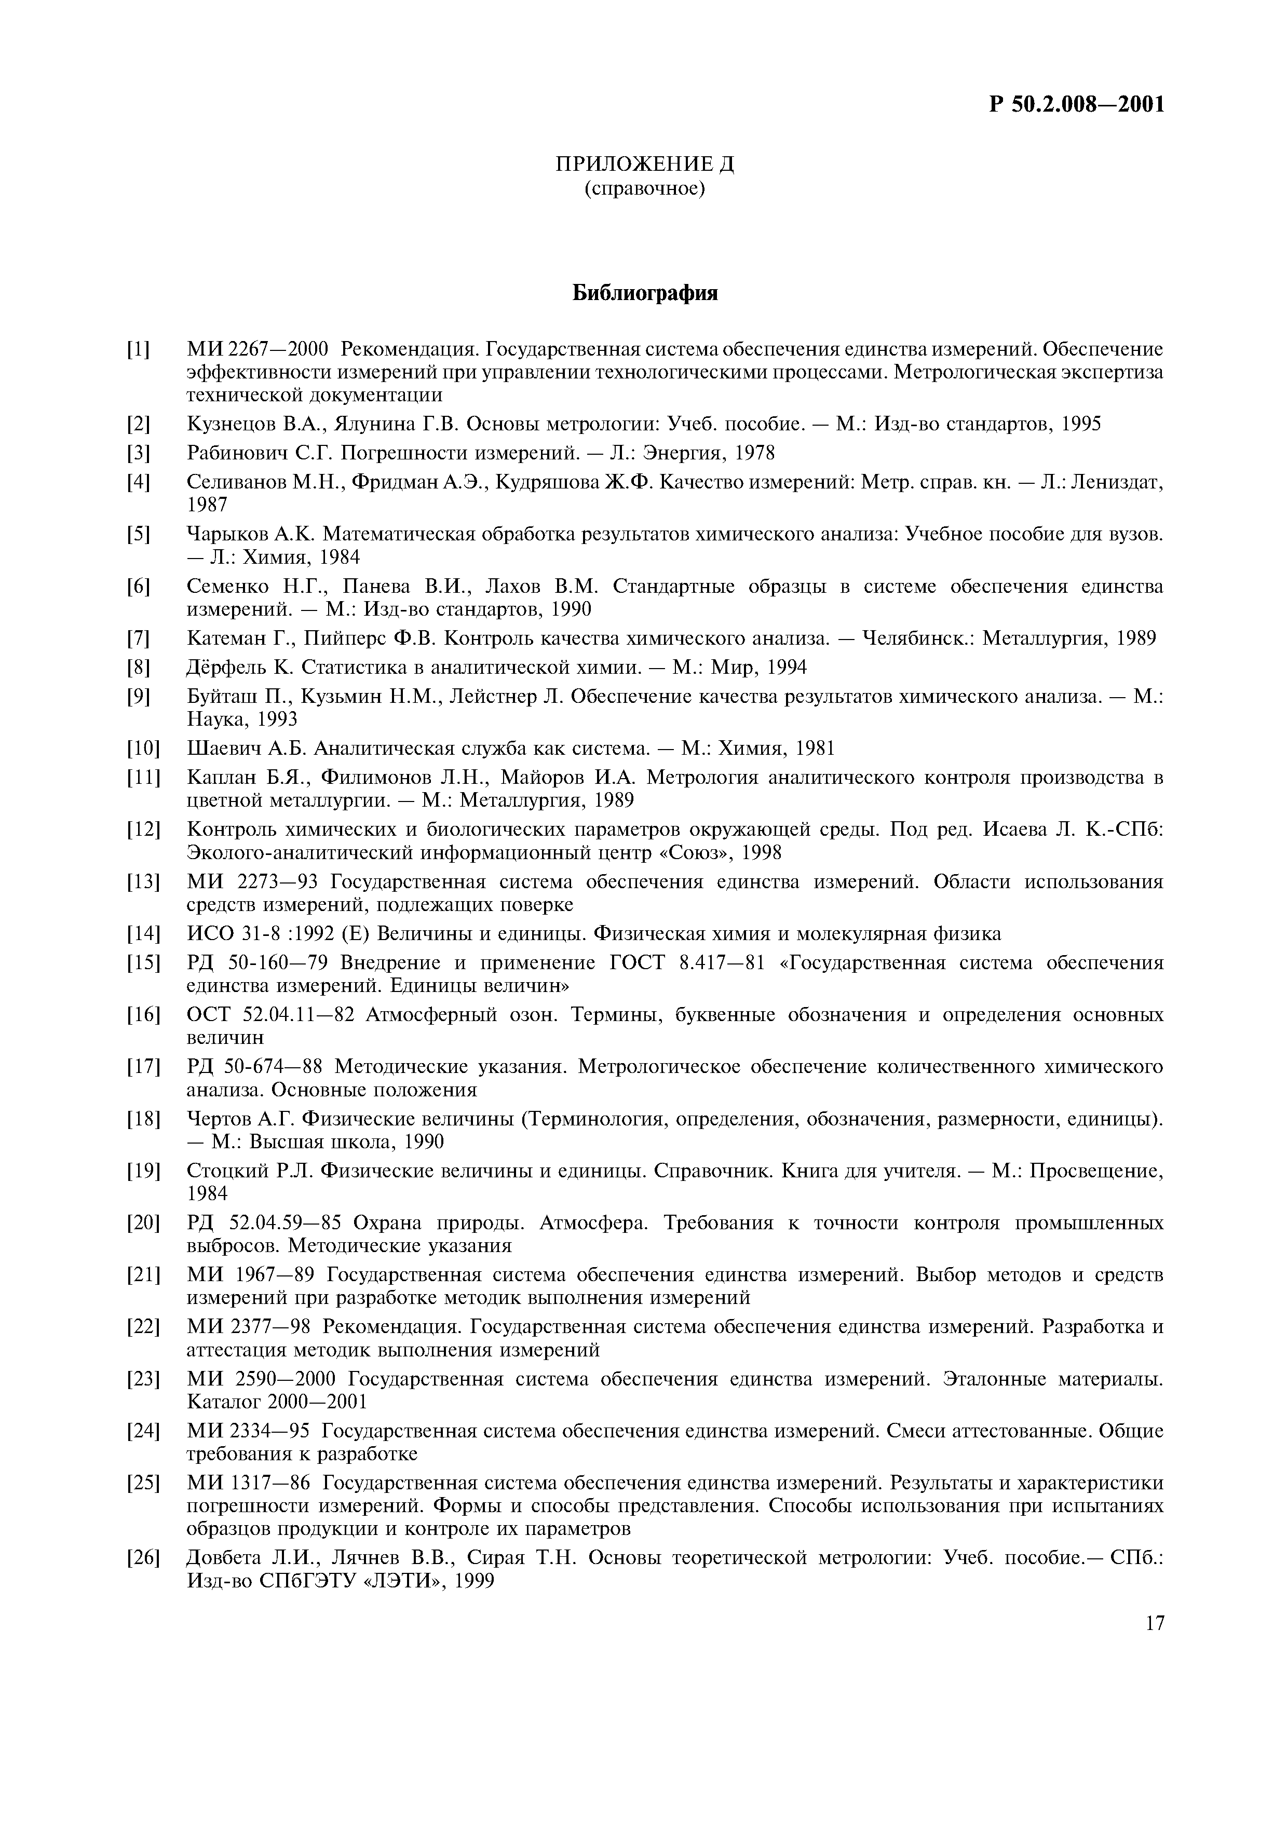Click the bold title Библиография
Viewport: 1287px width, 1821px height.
tap(645, 293)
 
